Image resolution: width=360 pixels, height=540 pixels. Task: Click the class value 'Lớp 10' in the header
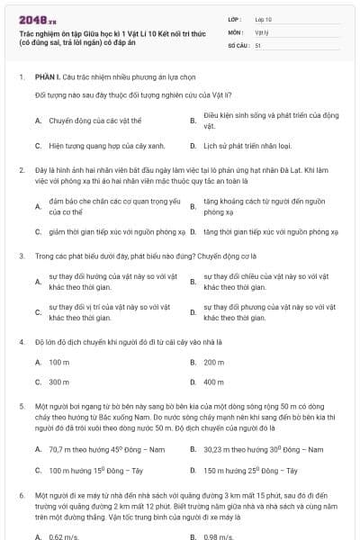[264, 19]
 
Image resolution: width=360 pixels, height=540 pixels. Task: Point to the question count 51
[258, 44]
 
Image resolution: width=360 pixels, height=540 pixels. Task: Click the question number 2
[21, 169]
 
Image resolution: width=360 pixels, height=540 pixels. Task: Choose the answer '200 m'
[213, 362]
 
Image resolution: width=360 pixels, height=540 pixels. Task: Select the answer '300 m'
[59, 382]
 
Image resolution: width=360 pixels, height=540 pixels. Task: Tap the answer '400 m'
[213, 382]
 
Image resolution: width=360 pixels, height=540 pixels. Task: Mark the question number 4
[21, 342]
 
